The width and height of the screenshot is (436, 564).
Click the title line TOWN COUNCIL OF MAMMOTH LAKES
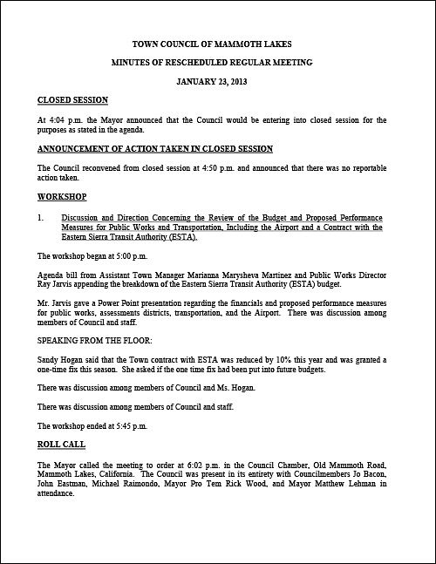(218, 42)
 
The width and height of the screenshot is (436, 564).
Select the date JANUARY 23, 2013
(218, 81)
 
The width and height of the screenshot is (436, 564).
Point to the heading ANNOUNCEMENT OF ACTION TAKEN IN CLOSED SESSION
(155, 148)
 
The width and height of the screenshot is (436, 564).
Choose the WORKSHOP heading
(63, 197)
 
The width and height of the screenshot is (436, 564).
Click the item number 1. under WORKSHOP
(42, 215)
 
